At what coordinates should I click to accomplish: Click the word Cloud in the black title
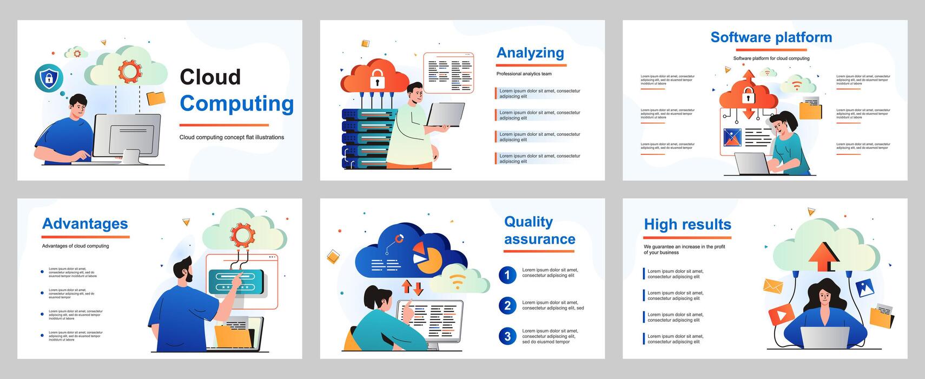click(x=210, y=77)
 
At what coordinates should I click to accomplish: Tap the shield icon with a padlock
click(x=49, y=78)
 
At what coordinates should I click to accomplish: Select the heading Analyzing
click(x=530, y=53)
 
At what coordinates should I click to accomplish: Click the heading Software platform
click(x=771, y=37)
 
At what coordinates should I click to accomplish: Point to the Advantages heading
click(x=85, y=224)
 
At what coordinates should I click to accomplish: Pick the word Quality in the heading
click(x=528, y=222)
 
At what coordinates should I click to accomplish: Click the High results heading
click(x=687, y=225)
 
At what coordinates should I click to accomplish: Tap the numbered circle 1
click(x=507, y=275)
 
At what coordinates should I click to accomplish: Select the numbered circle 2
click(x=507, y=305)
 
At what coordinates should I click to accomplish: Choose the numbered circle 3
click(x=507, y=336)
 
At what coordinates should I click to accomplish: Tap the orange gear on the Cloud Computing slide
click(x=130, y=71)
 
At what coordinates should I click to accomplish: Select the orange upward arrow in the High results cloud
click(x=823, y=256)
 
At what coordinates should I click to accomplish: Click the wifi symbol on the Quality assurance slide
click(x=458, y=280)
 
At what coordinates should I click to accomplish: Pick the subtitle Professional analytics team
click(x=524, y=74)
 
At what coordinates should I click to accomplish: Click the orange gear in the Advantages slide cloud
click(x=242, y=234)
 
